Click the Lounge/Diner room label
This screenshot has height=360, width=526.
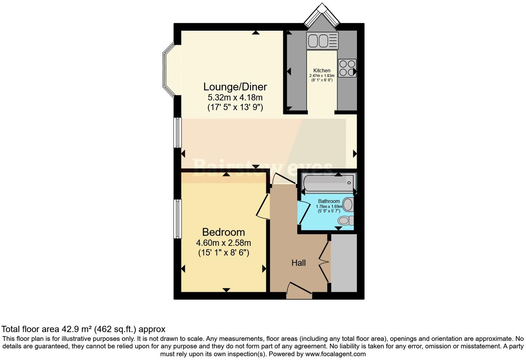(235, 87)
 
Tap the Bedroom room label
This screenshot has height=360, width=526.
(223, 232)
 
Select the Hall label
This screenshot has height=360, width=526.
(298, 263)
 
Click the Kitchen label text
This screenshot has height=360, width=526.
(322, 70)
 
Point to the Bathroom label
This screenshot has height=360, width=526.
(329, 201)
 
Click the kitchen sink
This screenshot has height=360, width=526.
(322, 41)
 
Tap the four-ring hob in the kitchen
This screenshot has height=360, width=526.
(347, 68)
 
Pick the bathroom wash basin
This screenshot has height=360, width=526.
(348, 205)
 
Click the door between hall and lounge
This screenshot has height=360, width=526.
(284, 179)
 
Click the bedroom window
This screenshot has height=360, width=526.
(177, 219)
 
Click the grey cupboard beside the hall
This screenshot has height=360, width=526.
(344, 263)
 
